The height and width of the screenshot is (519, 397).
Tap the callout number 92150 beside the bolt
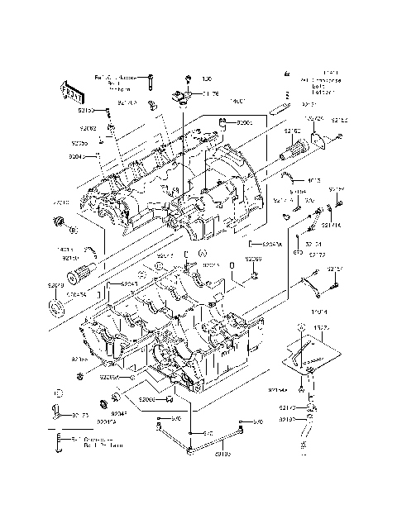89,109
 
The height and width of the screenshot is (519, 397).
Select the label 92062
88,129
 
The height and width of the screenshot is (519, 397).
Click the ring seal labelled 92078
56,309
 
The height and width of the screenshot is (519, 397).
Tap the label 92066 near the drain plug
147,400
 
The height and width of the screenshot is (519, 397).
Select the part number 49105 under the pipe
222,454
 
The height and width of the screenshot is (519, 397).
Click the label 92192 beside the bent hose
288,420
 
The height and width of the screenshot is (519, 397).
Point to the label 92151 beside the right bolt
334,269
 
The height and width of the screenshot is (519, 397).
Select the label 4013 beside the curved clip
313,180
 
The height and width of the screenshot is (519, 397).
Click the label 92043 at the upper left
77,155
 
